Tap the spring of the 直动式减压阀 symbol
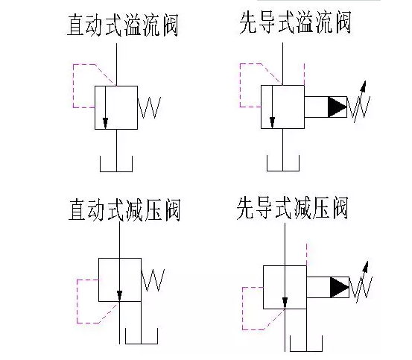tap(153, 280)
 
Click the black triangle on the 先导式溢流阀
tap(337, 107)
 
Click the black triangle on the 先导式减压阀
tap(340, 286)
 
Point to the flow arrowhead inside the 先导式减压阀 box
tap(284, 303)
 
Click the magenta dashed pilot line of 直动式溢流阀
tap(73, 86)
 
